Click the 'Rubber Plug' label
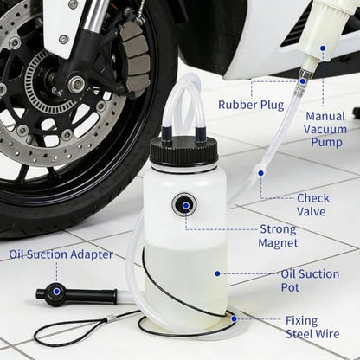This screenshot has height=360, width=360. (x=251, y=105)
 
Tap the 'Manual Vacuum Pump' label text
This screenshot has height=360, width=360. (x=325, y=130)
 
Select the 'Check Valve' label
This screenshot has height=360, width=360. (x=313, y=205)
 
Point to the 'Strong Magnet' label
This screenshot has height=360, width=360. (x=278, y=236)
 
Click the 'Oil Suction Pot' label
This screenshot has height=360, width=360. (x=310, y=280)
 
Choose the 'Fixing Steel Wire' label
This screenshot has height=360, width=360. (x=312, y=327)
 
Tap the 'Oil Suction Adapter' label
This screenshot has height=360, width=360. (x=61, y=254)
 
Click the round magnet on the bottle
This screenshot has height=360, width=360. (x=184, y=204)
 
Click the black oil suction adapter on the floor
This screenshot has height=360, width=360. (x=76, y=294)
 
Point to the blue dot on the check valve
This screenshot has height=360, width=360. (x=260, y=173)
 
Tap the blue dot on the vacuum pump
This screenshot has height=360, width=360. (x=323, y=48)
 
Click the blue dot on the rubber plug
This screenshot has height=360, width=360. (x=302, y=81)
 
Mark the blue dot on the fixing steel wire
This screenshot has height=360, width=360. (x=234, y=318)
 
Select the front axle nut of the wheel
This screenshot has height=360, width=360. (x=76, y=85)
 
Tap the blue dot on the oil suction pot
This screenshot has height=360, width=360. (x=217, y=273)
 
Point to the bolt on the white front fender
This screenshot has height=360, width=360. (x=63, y=40)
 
